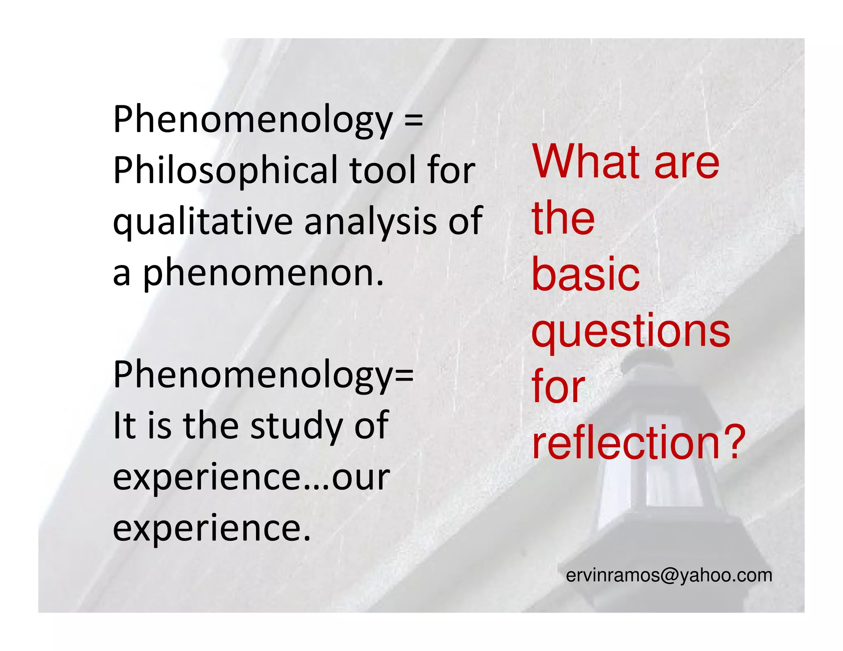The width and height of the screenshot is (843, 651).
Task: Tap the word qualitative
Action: [203, 222]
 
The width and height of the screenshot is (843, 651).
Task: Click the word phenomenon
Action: [263, 273]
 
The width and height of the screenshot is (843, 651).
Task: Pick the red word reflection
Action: [626, 442]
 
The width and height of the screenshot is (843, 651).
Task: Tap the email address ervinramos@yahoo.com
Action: [669, 575]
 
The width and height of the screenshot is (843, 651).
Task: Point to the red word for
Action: [558, 387]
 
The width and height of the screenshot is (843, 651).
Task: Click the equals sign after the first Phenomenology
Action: [413, 120]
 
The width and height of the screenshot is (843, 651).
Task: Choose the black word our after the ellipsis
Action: [361, 477]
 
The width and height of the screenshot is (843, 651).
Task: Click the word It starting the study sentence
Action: [124, 425]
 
